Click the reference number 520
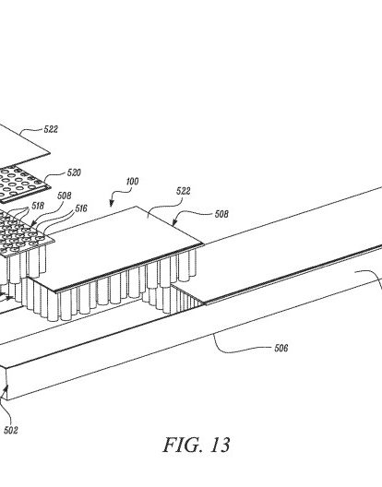point(74,172)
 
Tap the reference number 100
point(132,181)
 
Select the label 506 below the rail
point(281,348)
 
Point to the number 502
point(10,430)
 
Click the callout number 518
point(38,206)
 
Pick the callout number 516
point(81,208)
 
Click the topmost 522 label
point(51,129)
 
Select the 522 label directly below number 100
point(183,191)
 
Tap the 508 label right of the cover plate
point(221,214)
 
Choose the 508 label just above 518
point(65,196)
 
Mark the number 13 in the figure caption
point(221,445)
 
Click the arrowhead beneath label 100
point(112,204)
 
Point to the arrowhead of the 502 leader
point(6,387)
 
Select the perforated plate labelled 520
point(22,184)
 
